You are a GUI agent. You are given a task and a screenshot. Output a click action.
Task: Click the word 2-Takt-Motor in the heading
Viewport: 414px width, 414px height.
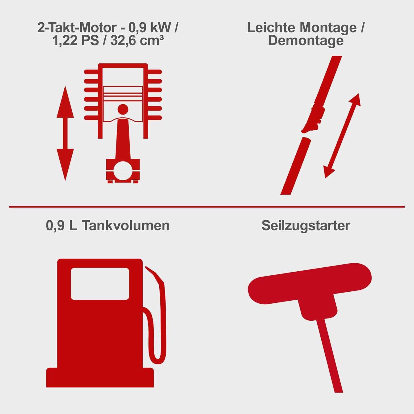pos(77,28)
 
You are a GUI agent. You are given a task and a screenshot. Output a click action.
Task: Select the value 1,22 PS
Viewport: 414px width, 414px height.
pos(75,41)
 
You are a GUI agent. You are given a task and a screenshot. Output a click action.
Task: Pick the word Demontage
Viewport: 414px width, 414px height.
pos(306,41)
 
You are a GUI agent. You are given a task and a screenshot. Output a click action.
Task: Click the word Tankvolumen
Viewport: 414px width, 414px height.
pos(126,225)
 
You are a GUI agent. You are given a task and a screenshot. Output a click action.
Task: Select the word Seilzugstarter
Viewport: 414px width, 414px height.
pos(306,225)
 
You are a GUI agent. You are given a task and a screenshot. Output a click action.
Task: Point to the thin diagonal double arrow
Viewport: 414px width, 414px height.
pos(342,136)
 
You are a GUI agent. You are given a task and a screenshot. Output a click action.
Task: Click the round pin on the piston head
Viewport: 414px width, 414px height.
pos(123,109)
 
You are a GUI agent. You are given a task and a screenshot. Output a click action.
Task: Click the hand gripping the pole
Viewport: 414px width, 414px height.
pos(315,119)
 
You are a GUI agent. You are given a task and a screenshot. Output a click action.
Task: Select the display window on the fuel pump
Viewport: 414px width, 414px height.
pos(100,283)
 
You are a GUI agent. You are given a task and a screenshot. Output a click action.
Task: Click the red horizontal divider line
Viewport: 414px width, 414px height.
pos(207,206)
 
